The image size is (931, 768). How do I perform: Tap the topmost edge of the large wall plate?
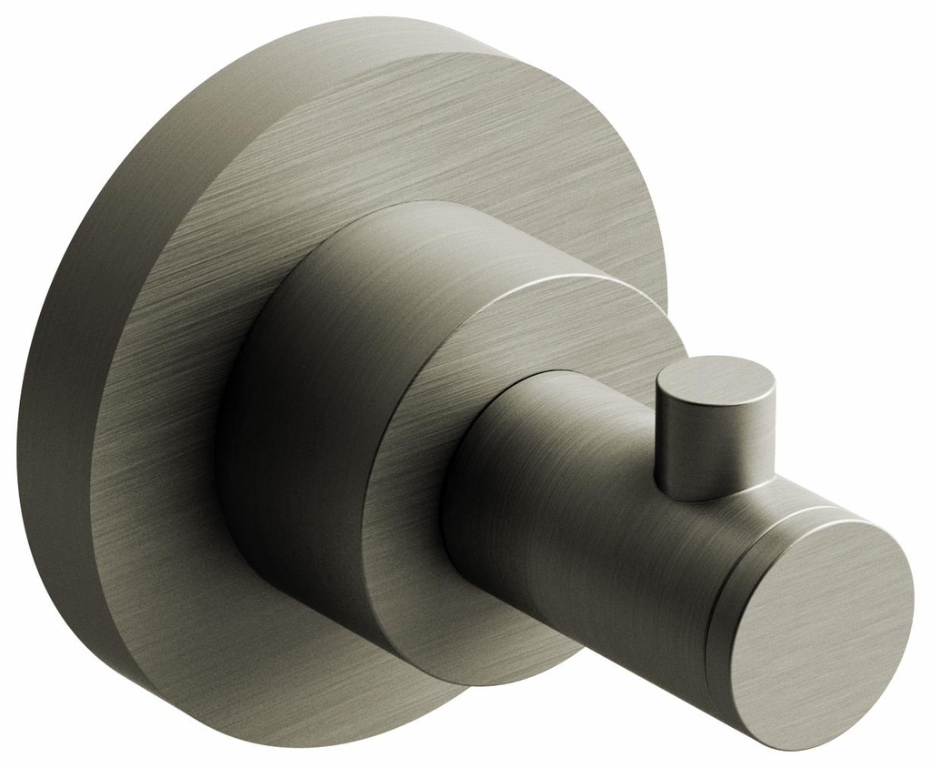(x=364, y=19)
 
